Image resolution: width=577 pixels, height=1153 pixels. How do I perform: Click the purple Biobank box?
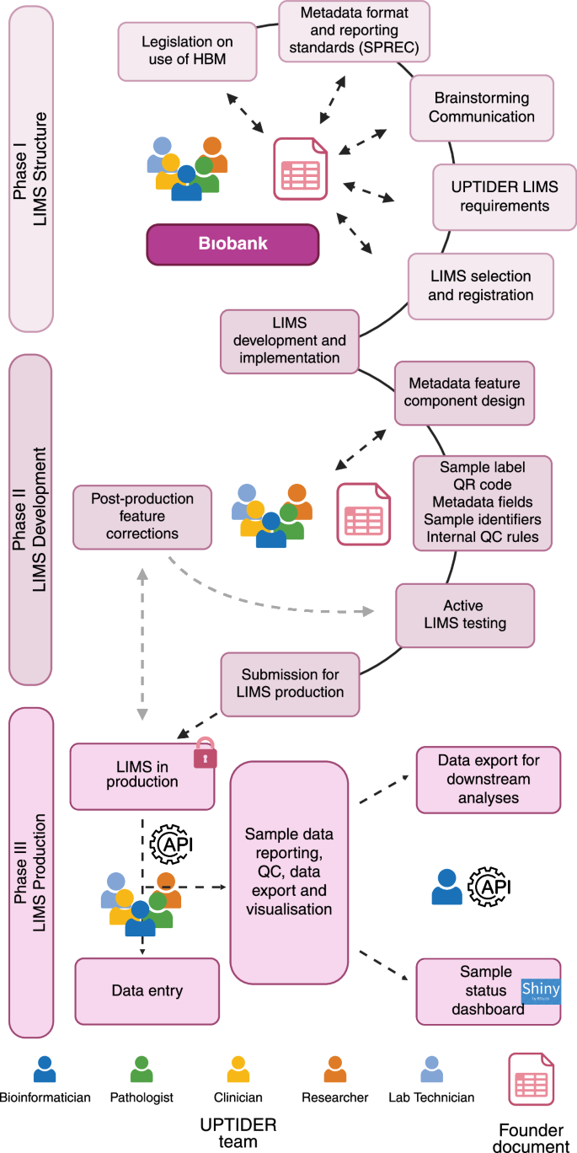point(233,244)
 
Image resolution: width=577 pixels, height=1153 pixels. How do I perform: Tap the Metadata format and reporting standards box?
point(354,31)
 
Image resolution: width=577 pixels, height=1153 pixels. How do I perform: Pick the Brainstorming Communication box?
point(482,107)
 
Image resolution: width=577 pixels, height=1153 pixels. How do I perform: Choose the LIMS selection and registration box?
point(480,286)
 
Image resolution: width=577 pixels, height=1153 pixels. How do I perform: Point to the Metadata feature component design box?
point(464,392)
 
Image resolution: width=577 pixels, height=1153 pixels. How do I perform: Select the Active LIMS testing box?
point(464,614)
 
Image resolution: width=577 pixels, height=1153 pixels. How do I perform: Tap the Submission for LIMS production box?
point(291,683)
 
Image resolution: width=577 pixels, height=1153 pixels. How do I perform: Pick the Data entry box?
point(147,990)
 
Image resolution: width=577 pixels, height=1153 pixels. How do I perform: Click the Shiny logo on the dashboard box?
point(541,990)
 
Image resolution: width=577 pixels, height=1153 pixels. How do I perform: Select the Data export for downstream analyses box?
point(489,779)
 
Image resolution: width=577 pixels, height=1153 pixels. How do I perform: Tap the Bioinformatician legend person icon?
point(45,1069)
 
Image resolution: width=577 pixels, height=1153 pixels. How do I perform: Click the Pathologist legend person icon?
point(142,1069)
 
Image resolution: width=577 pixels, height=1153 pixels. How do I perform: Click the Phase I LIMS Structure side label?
point(31,169)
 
